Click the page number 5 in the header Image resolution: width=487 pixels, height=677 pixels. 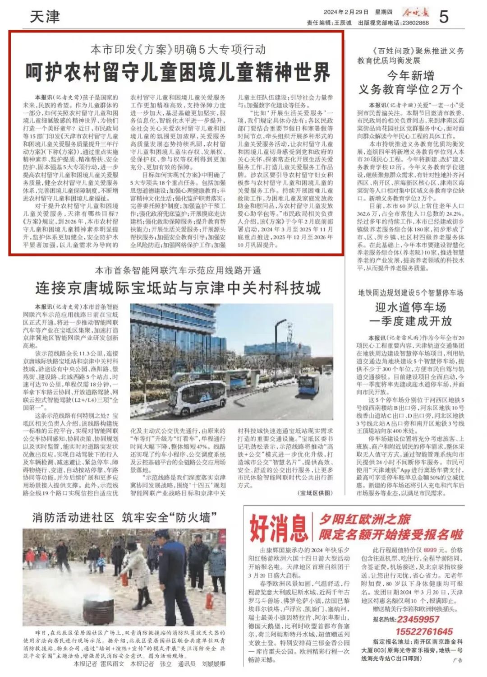coord(444,17)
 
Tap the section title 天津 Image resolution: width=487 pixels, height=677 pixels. coord(45,17)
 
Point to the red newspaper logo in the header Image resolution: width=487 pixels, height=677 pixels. coord(416,13)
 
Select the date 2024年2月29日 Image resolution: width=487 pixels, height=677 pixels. coord(346,12)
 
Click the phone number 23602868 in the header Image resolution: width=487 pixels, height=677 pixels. coord(415,23)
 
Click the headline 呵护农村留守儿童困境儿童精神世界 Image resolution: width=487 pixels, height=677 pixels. coord(178,72)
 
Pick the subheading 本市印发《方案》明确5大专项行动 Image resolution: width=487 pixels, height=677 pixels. coord(178,49)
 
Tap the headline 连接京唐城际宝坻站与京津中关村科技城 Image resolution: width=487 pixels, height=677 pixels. coord(178,288)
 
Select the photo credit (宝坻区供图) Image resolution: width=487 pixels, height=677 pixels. coord(315,493)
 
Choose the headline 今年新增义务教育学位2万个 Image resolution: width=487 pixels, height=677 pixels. coord(410,83)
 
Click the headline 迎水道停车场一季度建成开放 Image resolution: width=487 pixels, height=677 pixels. coord(410,314)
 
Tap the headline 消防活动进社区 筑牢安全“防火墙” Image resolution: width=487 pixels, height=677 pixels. coord(124,517)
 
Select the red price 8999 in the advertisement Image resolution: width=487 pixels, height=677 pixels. coord(430,550)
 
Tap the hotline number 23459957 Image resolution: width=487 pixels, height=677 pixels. coord(418,619)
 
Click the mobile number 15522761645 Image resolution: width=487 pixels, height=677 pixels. coord(424,631)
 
